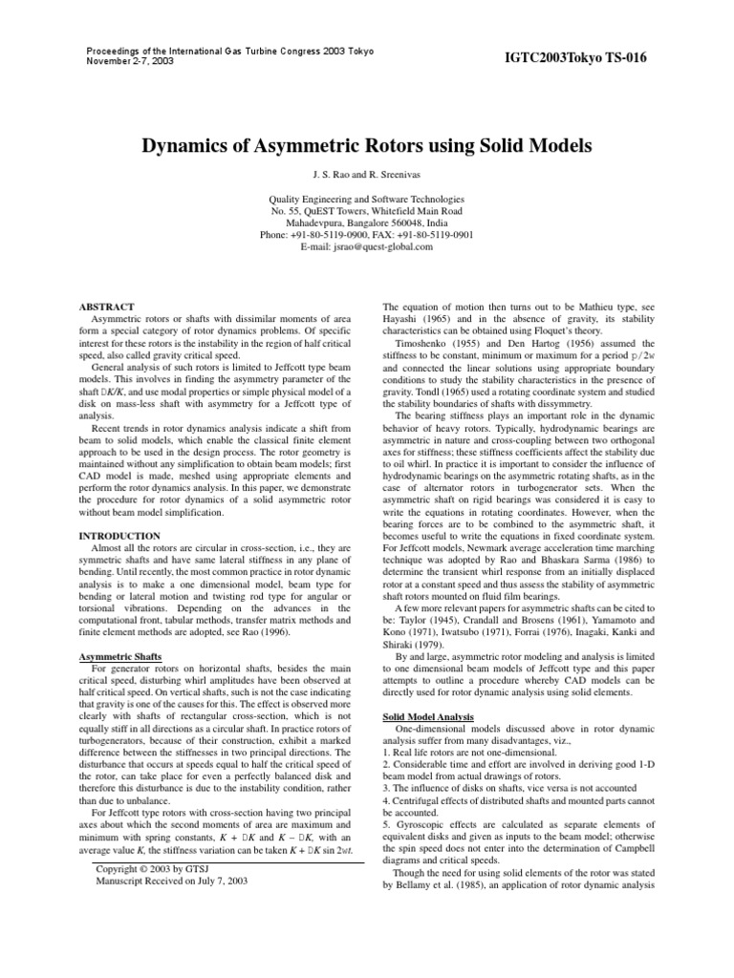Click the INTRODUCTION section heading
119,537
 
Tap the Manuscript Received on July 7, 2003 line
172,882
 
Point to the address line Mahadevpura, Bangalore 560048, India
366,222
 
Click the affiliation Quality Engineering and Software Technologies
366,198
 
